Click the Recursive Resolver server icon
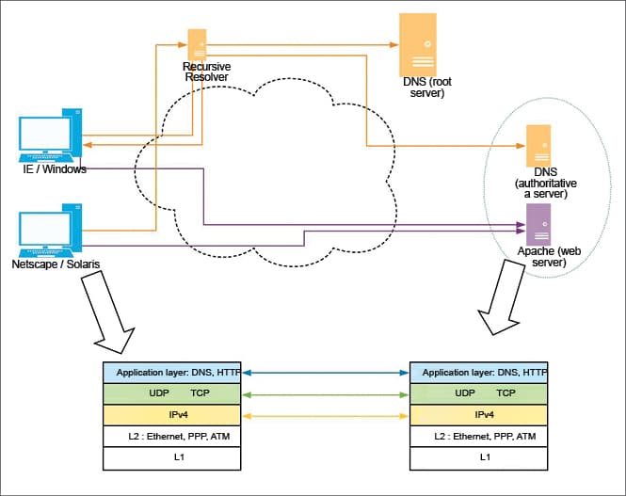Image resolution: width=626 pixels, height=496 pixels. [198, 44]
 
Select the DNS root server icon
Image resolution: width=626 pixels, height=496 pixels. [417, 44]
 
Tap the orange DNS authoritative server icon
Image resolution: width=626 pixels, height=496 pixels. [538, 146]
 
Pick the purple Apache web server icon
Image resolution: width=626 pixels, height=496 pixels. [538, 224]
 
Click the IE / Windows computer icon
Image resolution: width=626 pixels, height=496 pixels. [48, 136]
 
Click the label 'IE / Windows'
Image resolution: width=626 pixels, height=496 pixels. [55, 169]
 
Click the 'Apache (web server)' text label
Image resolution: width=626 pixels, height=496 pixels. [542, 257]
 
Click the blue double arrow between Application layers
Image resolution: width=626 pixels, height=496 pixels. [327, 373]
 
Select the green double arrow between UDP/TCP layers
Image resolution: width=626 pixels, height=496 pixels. [327, 393]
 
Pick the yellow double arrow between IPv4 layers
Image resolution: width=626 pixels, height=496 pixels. [327, 415]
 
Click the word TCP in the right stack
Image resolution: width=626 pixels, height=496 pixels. [506, 393]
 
